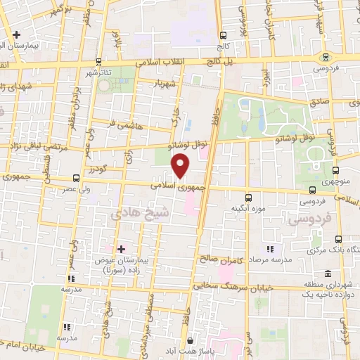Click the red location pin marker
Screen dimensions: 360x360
click(x=181, y=166)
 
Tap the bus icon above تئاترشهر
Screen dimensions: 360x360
click(x=98, y=62)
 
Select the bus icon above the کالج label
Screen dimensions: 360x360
click(x=223, y=35)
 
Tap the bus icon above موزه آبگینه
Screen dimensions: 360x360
click(x=247, y=198)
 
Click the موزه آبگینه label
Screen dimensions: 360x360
click(x=247, y=209)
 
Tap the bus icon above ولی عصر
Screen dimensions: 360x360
click(x=76, y=178)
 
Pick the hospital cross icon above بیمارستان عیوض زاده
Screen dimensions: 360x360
click(x=121, y=249)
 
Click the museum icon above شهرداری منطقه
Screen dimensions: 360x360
click(x=328, y=274)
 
